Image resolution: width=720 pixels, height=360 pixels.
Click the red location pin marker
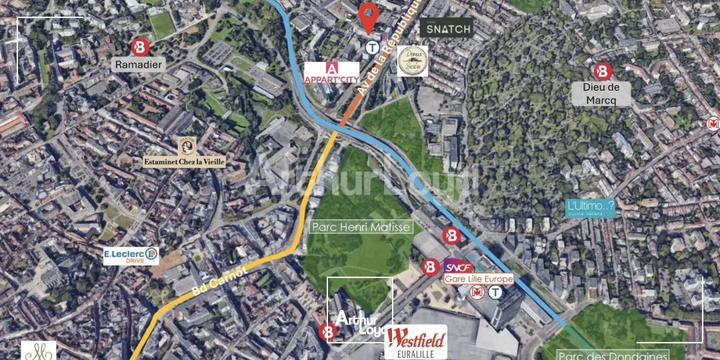[x=367, y=16]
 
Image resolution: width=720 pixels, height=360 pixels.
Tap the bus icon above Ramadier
[x=139, y=46]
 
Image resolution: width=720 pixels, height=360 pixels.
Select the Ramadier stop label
[x=139, y=65]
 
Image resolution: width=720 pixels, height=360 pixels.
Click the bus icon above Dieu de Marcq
[x=603, y=71]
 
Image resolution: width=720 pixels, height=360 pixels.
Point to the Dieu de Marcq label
[x=601, y=93]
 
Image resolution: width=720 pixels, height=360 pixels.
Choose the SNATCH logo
[x=446, y=28]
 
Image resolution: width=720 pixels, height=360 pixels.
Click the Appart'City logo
[x=331, y=73]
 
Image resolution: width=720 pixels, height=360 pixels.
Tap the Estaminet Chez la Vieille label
[x=185, y=161]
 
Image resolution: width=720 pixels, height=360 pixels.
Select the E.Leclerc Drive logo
[x=131, y=255]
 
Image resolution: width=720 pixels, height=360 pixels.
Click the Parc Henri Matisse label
[x=361, y=227]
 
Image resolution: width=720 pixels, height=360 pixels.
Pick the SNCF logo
[x=459, y=267]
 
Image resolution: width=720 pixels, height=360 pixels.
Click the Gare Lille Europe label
[x=479, y=279]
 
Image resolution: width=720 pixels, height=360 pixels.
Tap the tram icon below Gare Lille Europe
[x=495, y=293]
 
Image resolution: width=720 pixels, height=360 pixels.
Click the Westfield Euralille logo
[x=416, y=342]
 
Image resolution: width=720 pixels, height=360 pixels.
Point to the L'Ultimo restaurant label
[x=589, y=208]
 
